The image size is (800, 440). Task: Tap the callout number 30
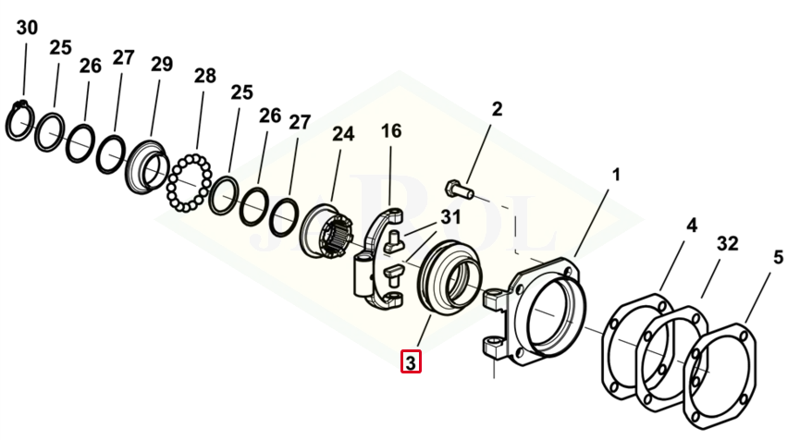tap(27, 28)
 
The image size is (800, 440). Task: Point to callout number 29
tap(162, 64)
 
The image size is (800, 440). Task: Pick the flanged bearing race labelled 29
tap(147, 167)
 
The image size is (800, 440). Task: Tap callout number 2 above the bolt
tap(497, 109)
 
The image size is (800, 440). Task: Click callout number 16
tap(391, 131)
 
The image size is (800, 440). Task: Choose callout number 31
tap(450, 217)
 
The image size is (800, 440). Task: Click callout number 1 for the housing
tap(616, 173)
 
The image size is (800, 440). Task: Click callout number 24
tap(343, 134)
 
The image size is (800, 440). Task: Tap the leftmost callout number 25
tap(60, 47)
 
